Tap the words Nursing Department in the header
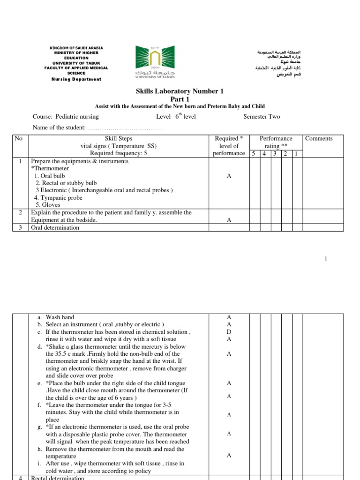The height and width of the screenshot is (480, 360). [x=76, y=79]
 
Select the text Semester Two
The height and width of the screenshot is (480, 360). [x=262, y=117]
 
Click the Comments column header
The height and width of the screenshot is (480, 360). [x=319, y=138]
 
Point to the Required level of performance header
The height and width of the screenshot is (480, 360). [x=229, y=146]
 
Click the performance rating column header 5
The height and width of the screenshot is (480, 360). [x=254, y=153]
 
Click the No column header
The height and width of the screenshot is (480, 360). [x=19, y=138]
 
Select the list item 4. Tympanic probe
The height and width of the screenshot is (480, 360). [x=60, y=198]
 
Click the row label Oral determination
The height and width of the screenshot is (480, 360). [x=55, y=228]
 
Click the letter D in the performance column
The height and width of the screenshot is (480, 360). [x=229, y=331]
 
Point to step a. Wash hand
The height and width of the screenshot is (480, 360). [x=55, y=317]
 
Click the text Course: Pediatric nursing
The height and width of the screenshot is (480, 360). [x=66, y=117]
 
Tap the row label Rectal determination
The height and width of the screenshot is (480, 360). [x=57, y=478]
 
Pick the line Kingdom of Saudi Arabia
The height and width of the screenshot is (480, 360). [x=76, y=48]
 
